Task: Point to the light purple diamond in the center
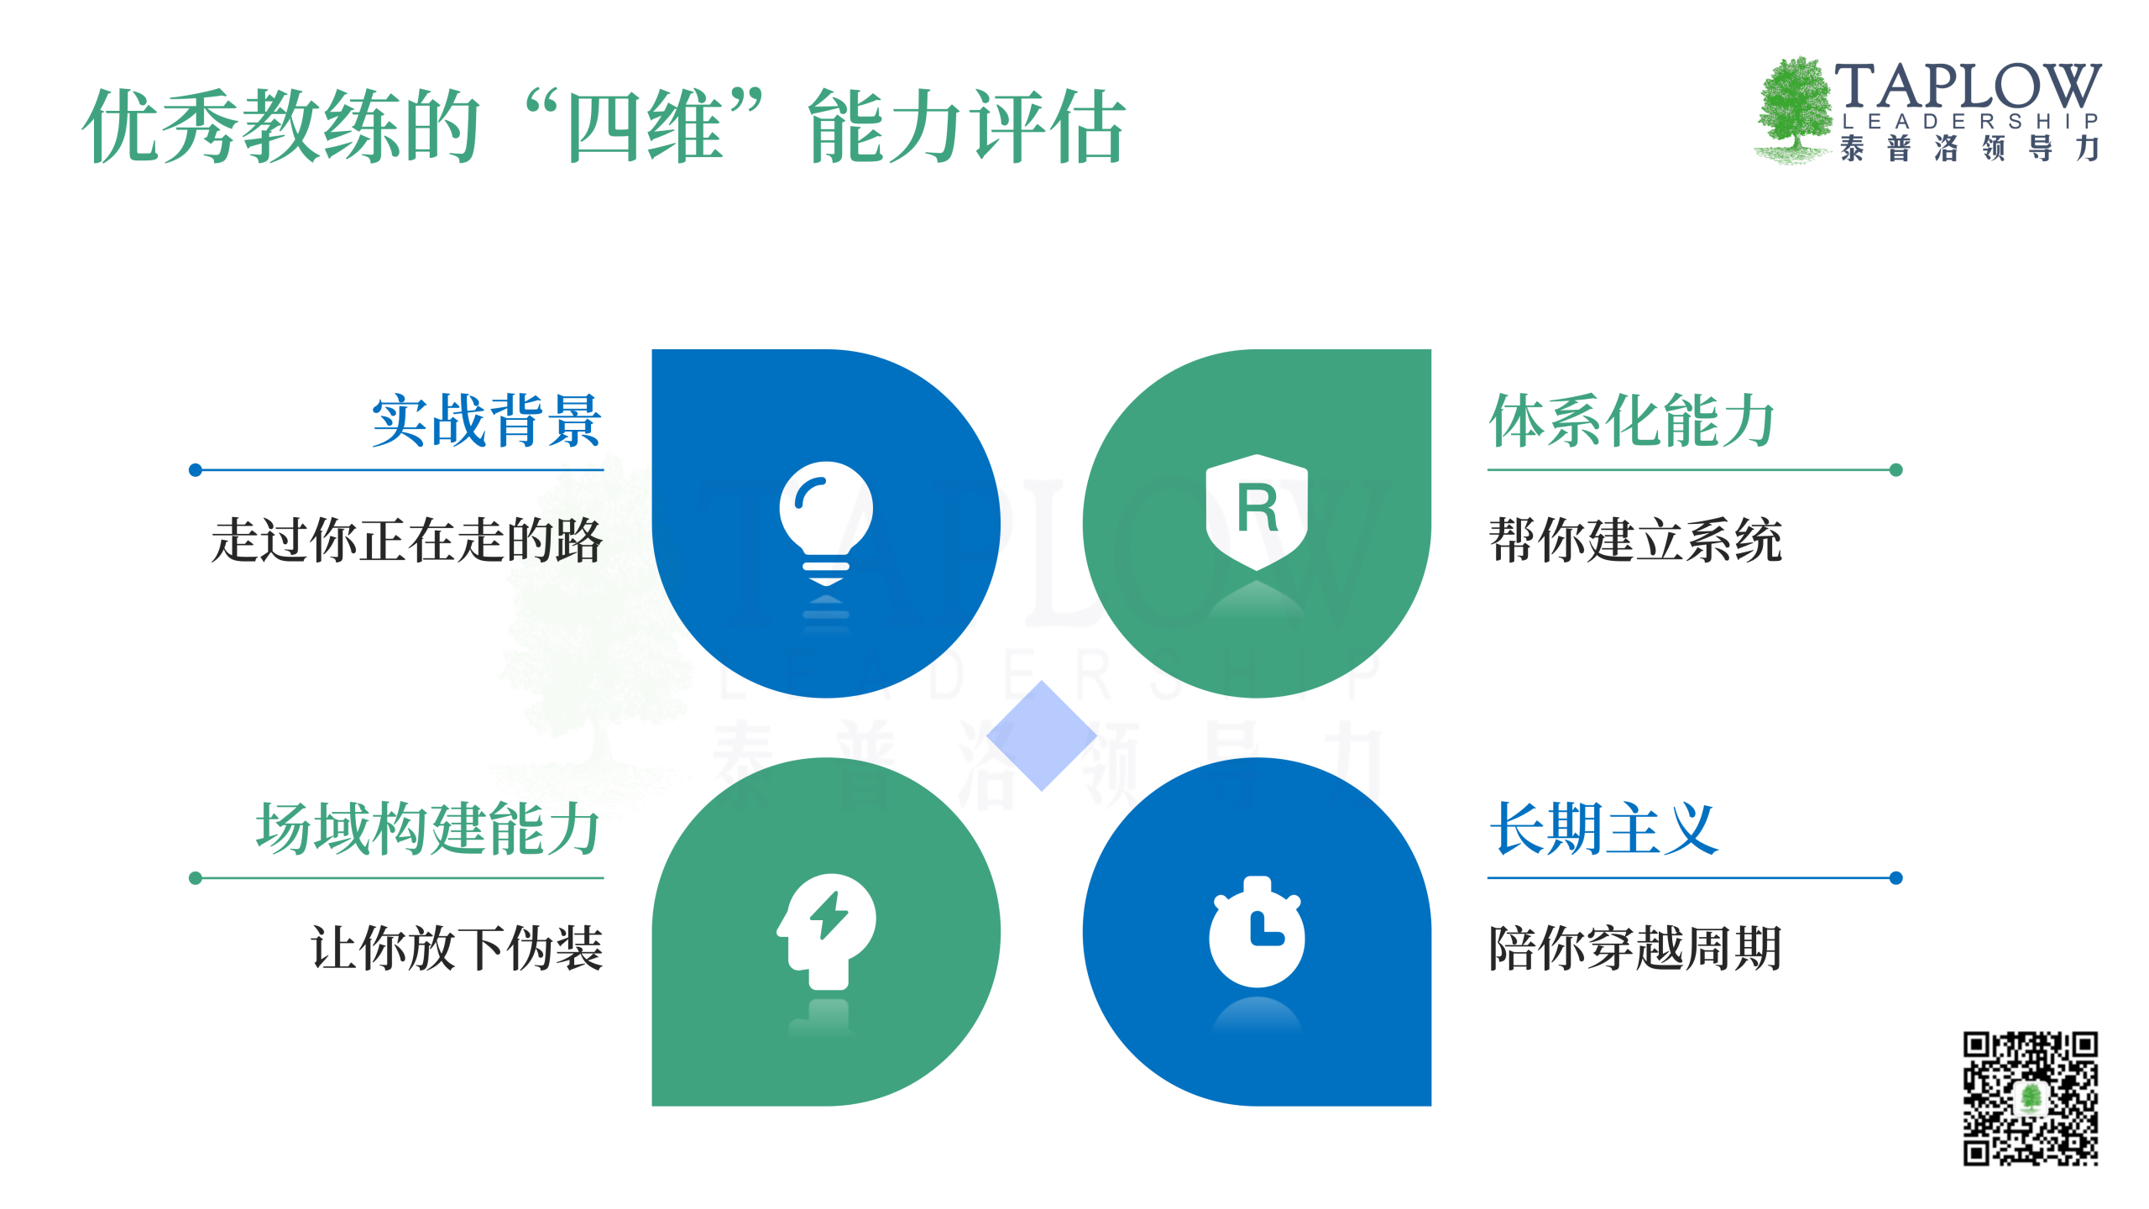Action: [1042, 735]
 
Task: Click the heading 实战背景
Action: [487, 421]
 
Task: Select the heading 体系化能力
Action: [1631, 421]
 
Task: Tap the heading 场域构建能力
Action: [428, 829]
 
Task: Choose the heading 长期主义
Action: [1603, 829]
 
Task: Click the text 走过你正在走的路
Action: [407, 540]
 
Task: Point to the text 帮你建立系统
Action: [1635, 540]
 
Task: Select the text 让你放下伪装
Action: [458, 949]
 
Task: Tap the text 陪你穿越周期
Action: [1635, 949]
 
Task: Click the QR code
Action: [2030, 1098]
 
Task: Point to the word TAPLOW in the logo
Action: [1968, 86]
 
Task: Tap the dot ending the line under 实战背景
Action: [196, 470]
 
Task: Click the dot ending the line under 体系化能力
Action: [1895, 470]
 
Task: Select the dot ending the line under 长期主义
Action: [1895, 878]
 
